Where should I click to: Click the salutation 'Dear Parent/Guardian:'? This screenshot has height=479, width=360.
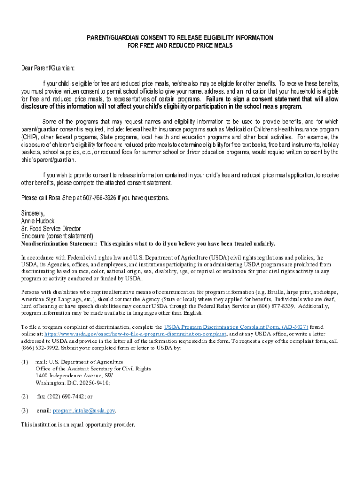click(48, 68)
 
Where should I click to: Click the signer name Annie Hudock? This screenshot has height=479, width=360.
click(38, 221)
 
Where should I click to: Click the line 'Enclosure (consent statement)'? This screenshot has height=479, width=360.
click(57, 236)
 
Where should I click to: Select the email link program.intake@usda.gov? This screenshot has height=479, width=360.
click(84, 410)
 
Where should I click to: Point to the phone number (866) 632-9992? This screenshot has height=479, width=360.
click(41, 348)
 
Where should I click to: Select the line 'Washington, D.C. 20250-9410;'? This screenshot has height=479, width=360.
click(72, 383)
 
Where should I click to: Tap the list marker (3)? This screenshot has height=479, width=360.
click(25, 410)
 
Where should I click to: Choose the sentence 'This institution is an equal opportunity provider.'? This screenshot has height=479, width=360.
click(78, 425)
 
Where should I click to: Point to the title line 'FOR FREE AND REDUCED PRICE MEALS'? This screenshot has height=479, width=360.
click(180, 45)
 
